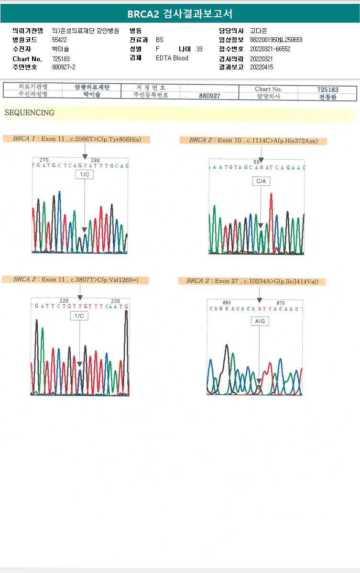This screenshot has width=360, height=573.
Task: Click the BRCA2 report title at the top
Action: point(180,14)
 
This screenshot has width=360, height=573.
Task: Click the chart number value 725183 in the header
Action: point(61,58)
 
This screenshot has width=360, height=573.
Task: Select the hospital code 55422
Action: point(59,40)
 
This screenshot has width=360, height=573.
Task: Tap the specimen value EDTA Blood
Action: point(172,58)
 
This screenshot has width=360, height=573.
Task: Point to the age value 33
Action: point(199,49)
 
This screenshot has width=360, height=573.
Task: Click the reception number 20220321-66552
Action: point(270,49)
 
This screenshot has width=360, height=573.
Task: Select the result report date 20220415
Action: point(262,67)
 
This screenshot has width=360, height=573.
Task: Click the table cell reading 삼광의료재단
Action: point(92,87)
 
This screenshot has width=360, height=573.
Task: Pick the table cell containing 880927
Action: point(209,96)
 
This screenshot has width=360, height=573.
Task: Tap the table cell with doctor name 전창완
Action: point(327,96)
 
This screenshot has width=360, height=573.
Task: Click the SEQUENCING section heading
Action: point(29,113)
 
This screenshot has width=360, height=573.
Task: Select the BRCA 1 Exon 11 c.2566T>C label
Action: point(76,139)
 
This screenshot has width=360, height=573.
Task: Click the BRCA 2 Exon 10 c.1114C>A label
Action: point(253,141)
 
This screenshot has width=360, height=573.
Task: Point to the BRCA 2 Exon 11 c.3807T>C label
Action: point(76,280)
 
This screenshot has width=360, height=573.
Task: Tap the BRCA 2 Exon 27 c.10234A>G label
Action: point(252,281)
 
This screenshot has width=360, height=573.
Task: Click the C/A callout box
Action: point(261,181)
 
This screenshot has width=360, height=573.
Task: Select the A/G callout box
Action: point(260,322)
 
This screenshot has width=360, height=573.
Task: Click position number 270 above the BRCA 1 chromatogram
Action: point(44,160)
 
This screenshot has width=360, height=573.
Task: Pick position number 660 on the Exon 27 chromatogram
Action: point(227,303)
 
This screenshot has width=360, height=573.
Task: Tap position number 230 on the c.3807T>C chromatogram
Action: point(115,301)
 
